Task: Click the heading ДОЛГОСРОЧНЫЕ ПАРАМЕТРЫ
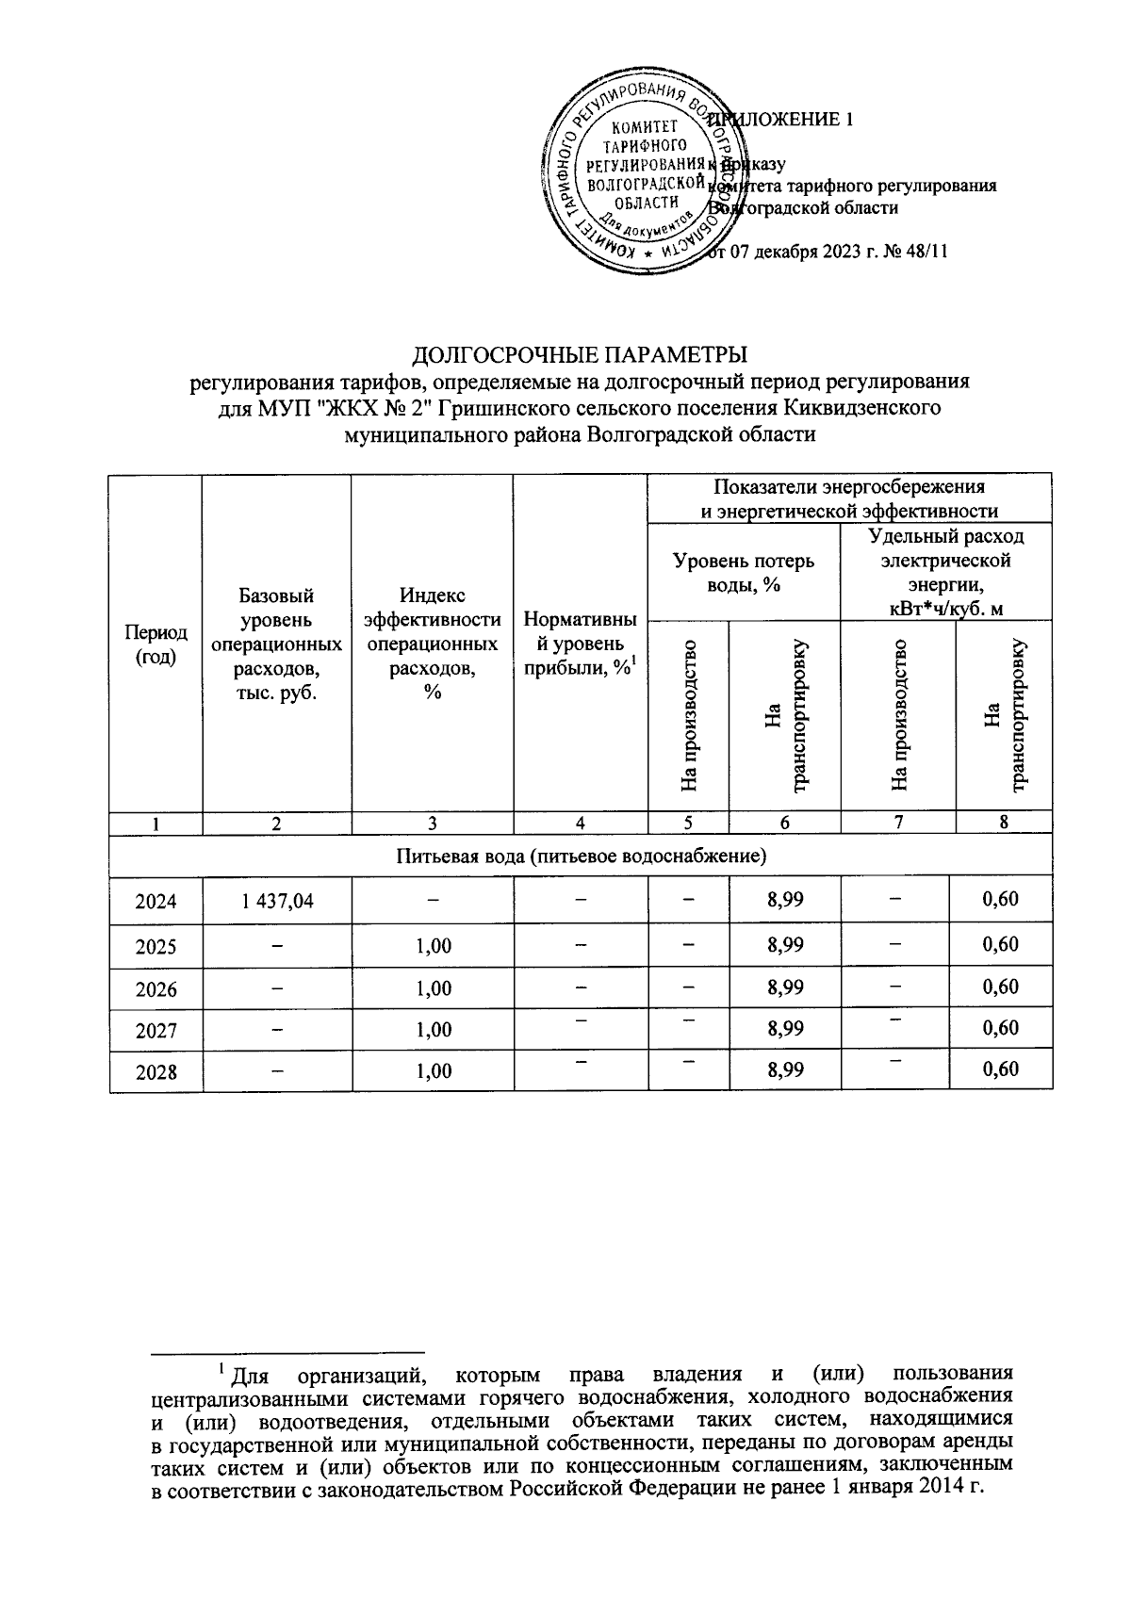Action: [x=581, y=355]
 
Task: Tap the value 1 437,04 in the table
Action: [x=277, y=901]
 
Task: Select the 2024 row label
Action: [x=156, y=901]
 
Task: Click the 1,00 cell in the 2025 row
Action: [x=434, y=945]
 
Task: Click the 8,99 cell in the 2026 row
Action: [x=785, y=987]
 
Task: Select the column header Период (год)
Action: [x=156, y=644]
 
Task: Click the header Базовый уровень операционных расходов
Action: [x=276, y=644]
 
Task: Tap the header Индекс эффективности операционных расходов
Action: [x=433, y=644]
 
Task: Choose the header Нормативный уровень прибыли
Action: [x=581, y=644]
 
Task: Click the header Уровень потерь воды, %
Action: [x=744, y=572]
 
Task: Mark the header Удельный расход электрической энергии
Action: [x=945, y=572]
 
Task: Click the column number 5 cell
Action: [x=688, y=823]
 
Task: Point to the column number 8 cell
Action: [x=1004, y=823]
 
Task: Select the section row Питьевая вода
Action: [x=581, y=856]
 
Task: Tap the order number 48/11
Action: [x=925, y=253]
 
